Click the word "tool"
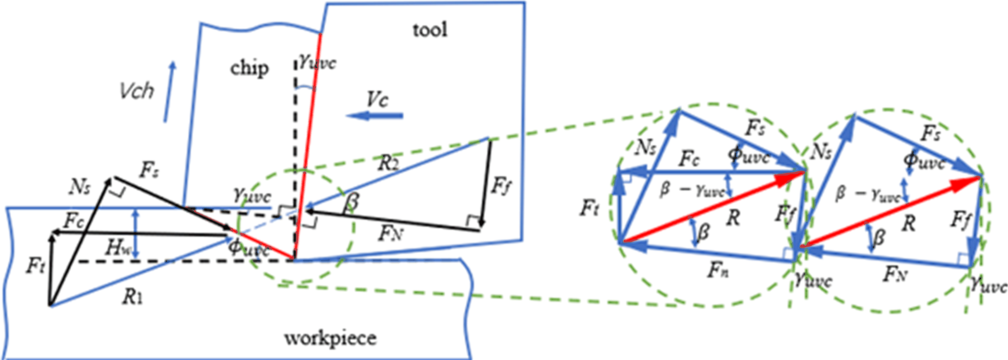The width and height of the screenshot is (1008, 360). (430, 30)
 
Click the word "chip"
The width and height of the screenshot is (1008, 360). (249, 68)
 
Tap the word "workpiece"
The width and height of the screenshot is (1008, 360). (330, 338)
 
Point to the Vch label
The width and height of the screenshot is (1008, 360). (137, 91)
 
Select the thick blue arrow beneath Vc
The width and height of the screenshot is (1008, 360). (375, 116)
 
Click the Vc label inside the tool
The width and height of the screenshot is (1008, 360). (377, 100)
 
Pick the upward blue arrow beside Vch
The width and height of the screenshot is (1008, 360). (169, 91)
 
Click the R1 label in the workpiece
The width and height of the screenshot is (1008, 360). (132, 297)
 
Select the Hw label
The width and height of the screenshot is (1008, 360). (118, 248)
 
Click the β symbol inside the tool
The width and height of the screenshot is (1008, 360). (351, 201)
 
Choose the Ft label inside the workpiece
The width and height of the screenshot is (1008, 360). (36, 266)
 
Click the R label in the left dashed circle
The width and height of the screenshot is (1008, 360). (733, 219)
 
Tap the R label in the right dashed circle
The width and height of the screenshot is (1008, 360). (908, 223)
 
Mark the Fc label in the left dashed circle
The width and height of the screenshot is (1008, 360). (689, 159)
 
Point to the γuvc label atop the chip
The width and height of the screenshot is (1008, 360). (317, 62)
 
